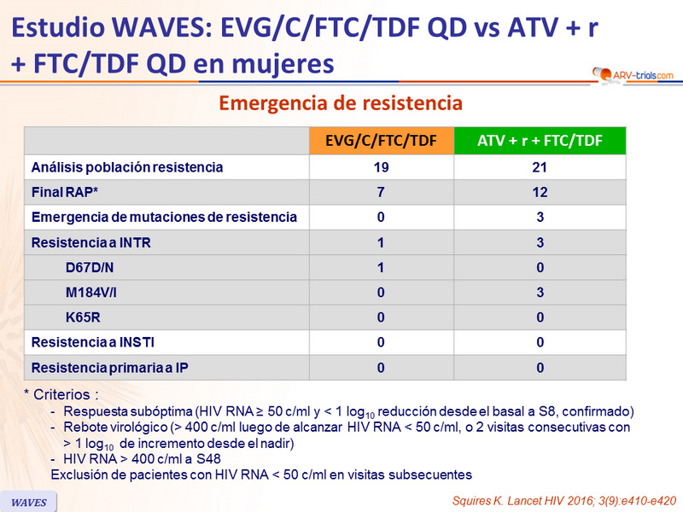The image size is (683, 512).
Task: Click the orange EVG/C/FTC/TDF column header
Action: click(381, 141)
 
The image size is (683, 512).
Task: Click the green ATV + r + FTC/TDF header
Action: click(539, 141)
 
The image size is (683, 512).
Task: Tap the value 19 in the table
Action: click(381, 167)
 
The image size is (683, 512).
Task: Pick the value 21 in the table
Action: click(539, 167)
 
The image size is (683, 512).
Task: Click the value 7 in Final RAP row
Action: click(381, 192)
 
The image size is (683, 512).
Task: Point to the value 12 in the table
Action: click(539, 192)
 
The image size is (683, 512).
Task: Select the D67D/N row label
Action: click(90, 268)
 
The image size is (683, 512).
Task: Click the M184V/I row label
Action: click(93, 293)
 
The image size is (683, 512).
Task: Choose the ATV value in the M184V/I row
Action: click(539, 293)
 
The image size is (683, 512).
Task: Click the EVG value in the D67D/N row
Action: click(381, 268)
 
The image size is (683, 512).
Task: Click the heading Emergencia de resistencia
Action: click(341, 103)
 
